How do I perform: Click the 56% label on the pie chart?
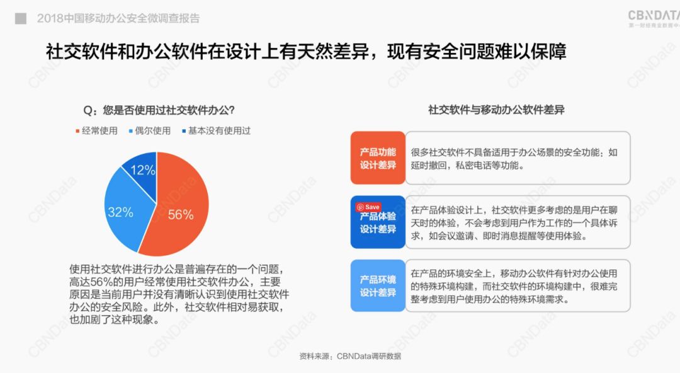[x=181, y=214]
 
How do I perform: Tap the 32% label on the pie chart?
[x=120, y=212]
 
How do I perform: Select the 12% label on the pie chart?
[x=143, y=169]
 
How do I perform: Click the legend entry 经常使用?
[x=96, y=130]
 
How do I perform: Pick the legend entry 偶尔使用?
[x=150, y=130]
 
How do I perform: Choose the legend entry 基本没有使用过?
[x=217, y=130]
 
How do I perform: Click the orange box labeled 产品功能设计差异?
[x=378, y=158]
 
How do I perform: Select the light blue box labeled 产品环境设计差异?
[x=378, y=285]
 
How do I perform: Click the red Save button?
[x=368, y=207]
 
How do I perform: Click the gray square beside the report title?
[x=20, y=18]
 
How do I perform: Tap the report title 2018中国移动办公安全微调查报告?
[x=118, y=18]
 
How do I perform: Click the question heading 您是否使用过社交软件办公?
[x=159, y=110]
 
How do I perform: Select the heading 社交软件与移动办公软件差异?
[x=496, y=110]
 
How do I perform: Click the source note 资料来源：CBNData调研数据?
[x=350, y=356]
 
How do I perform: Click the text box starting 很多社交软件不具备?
[x=518, y=158]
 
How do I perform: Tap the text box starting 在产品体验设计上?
[x=518, y=222]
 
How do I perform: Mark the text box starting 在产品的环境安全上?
[x=518, y=285]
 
